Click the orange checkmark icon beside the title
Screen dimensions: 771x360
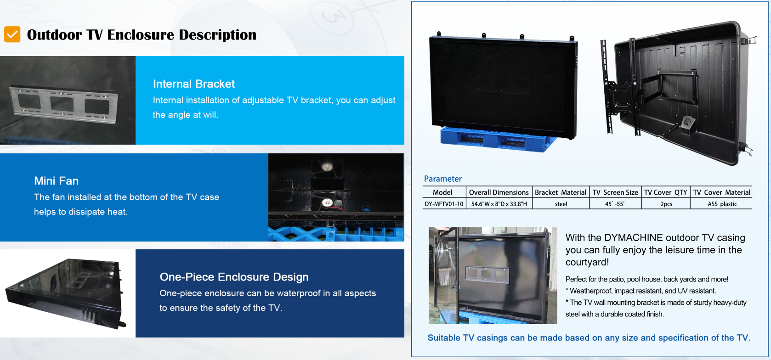[12, 34]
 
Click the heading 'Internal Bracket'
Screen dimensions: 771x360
[194, 84]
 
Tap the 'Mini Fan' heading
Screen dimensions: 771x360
[56, 181]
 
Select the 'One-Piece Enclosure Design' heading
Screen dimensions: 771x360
[234, 277]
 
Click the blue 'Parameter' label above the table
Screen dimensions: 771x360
[442, 179]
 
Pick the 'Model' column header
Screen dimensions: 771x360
[442, 192]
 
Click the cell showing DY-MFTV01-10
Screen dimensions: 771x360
[444, 204]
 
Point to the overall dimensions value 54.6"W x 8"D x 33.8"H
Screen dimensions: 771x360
[499, 204]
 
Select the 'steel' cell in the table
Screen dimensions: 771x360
[561, 204]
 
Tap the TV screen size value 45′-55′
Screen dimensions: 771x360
[615, 204]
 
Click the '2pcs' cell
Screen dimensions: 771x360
[666, 204]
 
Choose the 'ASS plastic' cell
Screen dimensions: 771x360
[722, 204]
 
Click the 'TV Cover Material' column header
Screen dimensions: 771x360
[722, 192]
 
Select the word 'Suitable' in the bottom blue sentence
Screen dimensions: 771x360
[444, 337]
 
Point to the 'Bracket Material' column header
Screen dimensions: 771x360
[561, 192]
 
